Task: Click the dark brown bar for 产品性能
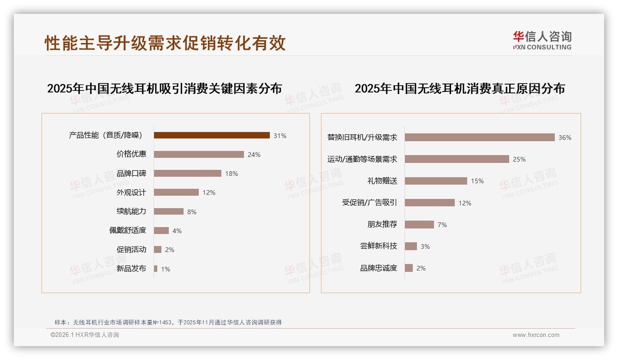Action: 212,135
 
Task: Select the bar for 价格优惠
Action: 199,154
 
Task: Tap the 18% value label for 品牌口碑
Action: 232,174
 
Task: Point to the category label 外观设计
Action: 131,192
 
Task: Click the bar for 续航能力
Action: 169,211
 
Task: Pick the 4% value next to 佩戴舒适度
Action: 177,231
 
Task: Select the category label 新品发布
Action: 131,269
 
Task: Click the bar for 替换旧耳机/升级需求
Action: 480,138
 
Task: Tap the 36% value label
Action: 565,138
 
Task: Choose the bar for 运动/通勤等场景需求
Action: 457,159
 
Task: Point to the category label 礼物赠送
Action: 382,181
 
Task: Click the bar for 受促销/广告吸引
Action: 430,203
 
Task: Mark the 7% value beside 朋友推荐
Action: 442,225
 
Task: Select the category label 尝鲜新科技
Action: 378,246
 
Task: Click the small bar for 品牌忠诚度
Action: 409,268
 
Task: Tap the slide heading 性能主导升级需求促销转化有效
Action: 165,43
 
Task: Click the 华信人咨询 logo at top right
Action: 542,40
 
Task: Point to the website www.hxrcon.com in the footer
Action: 536,335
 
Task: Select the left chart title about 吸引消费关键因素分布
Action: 164,88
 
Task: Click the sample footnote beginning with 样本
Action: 168,322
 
